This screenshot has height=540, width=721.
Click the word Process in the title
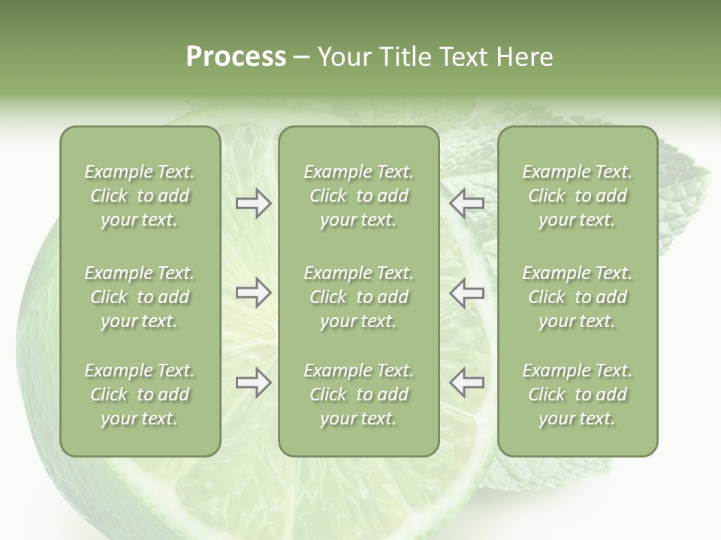coord(236,57)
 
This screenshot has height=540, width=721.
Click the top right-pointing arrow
coord(253,203)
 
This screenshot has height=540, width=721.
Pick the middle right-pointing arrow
coord(253,292)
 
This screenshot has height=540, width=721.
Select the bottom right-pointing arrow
coord(253,382)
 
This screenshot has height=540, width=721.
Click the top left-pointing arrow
coord(466,203)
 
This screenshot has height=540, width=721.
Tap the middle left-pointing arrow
coord(466,292)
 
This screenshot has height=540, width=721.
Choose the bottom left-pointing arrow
coord(466,382)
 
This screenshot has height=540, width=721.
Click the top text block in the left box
coord(140,196)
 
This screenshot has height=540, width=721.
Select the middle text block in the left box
coord(140,297)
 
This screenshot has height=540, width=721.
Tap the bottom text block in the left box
coord(140,394)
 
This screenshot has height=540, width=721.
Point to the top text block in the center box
coord(359,196)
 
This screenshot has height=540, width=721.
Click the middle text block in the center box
coord(359,297)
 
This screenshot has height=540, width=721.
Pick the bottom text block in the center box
coord(359,394)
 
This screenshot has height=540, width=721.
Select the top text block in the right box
coord(578,196)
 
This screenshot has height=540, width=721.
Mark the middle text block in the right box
coord(578,297)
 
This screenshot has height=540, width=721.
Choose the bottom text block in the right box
coord(578,394)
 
